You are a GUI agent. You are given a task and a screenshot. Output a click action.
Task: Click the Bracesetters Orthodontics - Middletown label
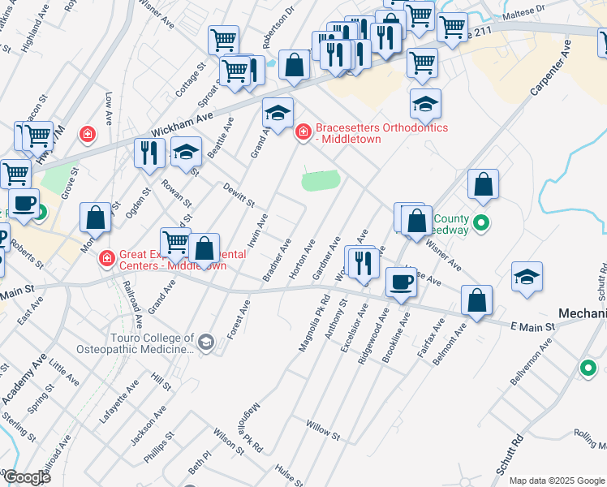coord(381,133)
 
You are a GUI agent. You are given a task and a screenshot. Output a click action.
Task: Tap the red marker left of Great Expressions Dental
coord(105,260)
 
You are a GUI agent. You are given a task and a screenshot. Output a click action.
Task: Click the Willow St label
coord(322,425)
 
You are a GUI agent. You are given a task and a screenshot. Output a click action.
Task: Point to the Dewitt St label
coord(239,193)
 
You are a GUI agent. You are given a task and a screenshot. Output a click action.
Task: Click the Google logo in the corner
coord(26,477)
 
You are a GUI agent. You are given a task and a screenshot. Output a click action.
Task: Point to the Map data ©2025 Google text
coord(557,481)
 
